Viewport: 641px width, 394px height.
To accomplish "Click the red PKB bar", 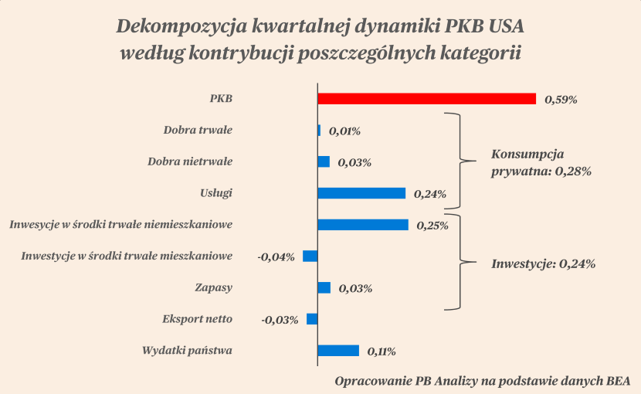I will [427, 99].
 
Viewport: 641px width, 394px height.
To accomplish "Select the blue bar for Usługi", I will [361, 193].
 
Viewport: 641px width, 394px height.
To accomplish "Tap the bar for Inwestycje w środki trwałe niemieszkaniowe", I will [363, 225].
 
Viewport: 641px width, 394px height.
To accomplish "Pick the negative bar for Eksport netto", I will [312, 319].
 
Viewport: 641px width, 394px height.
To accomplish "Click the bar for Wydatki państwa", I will [338, 351].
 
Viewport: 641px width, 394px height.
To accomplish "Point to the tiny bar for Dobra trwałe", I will [319, 131].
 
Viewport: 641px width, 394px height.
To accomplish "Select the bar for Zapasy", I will [324, 287].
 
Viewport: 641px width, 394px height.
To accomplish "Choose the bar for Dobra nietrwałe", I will [324, 161].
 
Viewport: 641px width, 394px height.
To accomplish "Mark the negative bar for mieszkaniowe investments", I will [310, 256].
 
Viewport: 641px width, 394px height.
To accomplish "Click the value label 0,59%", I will [561, 100].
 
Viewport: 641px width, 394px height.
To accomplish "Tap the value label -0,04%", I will [276, 256].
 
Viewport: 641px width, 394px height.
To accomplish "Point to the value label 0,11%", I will [382, 352].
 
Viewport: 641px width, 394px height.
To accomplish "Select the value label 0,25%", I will [432, 226].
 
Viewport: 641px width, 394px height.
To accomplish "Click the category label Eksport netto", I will [197, 319].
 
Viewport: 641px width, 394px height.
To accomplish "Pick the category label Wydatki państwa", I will [188, 351].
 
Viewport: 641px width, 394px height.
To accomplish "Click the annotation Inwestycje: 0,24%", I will [543, 263].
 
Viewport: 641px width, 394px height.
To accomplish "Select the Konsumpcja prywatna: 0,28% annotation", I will [541, 162].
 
